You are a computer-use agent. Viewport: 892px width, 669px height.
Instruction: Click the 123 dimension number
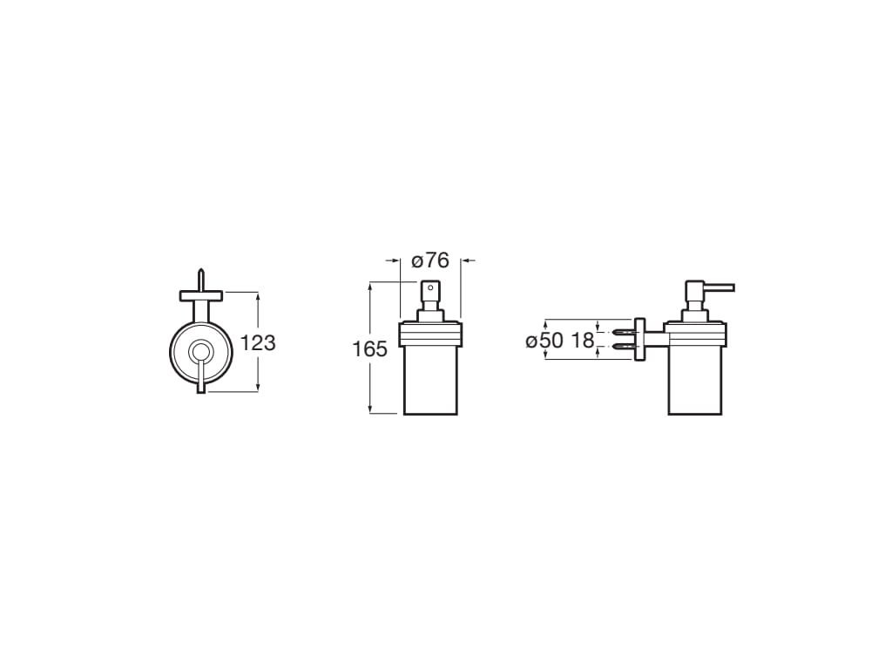258,343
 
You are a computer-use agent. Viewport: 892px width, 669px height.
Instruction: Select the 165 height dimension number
369,350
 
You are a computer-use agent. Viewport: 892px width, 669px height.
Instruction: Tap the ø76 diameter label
429,260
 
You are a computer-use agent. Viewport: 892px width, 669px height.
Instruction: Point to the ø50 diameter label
544,341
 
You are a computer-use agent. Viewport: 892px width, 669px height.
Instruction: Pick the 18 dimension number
583,341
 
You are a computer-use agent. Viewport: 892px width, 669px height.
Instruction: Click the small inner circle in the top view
201,352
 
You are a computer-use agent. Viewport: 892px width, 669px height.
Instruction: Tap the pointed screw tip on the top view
201,274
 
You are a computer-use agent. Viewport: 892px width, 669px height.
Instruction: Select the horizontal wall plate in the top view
201,296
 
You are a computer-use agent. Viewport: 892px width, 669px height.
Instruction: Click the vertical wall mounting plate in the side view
639,340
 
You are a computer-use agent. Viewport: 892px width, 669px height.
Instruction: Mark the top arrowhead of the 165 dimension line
371,287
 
